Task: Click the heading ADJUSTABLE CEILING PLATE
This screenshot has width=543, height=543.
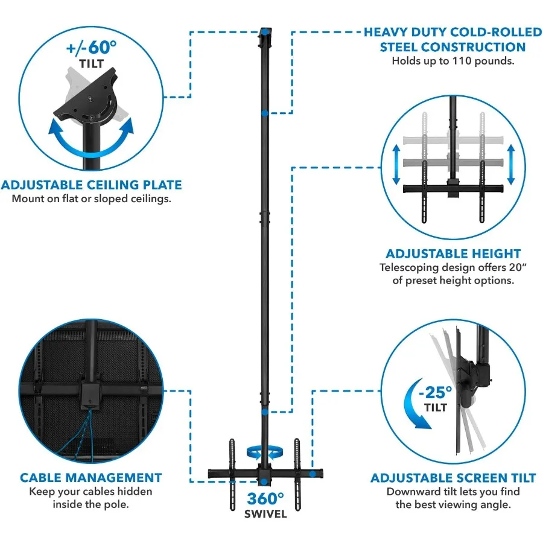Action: click(x=91, y=185)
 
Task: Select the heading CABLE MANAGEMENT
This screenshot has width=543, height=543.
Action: click(x=91, y=478)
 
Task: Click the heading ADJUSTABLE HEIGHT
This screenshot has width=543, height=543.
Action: click(x=453, y=253)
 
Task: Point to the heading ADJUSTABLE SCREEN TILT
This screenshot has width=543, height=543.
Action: click(x=453, y=478)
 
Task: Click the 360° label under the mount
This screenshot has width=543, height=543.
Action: click(x=265, y=499)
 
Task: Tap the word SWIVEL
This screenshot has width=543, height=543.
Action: click(x=265, y=515)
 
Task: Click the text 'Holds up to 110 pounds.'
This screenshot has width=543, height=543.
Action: click(x=453, y=61)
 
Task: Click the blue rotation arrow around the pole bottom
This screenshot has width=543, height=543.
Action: click(x=265, y=451)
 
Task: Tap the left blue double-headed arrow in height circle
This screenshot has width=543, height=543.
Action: click(x=396, y=164)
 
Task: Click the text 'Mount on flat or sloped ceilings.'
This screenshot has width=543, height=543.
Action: click(x=91, y=198)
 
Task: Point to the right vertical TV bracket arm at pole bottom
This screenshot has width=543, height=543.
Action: click(x=296, y=465)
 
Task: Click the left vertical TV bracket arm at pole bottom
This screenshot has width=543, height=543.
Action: click(x=232, y=465)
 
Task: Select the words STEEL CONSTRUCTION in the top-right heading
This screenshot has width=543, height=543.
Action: click(x=453, y=46)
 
